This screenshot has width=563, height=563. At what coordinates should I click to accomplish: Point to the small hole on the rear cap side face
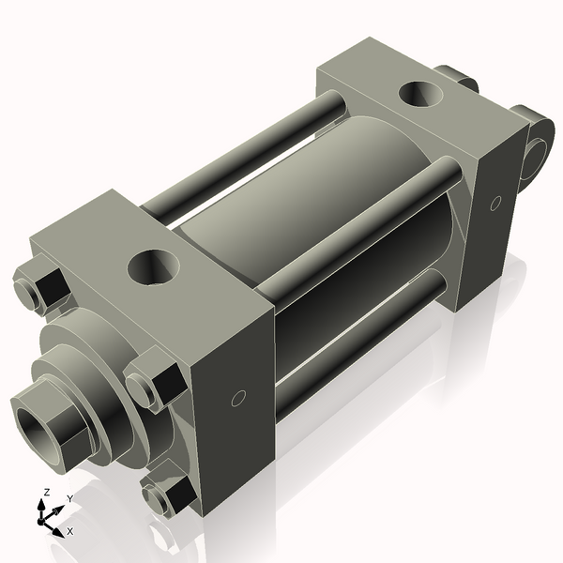coord(495,203)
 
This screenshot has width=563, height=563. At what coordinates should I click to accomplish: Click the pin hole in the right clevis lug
coord(540,150)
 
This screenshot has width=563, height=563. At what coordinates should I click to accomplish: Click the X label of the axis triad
coord(69,531)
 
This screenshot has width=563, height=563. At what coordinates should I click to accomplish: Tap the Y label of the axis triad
coord(68,498)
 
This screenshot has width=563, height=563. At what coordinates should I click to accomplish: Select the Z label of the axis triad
coord(45,493)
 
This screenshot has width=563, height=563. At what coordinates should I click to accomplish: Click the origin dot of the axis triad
coord(43,517)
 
